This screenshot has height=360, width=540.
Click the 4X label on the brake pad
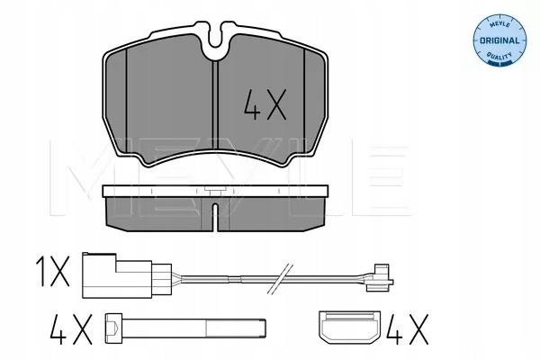(x=265, y=104)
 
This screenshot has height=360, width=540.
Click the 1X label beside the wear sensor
(x=53, y=275)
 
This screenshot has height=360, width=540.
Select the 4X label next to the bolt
(x=71, y=329)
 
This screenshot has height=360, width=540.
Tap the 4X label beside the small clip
(x=407, y=329)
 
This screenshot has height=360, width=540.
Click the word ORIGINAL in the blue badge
(x=499, y=40)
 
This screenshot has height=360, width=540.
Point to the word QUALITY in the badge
(x=499, y=56)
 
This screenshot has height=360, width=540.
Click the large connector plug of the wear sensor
(x=127, y=275)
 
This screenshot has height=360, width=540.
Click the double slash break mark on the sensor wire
(x=280, y=279)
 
